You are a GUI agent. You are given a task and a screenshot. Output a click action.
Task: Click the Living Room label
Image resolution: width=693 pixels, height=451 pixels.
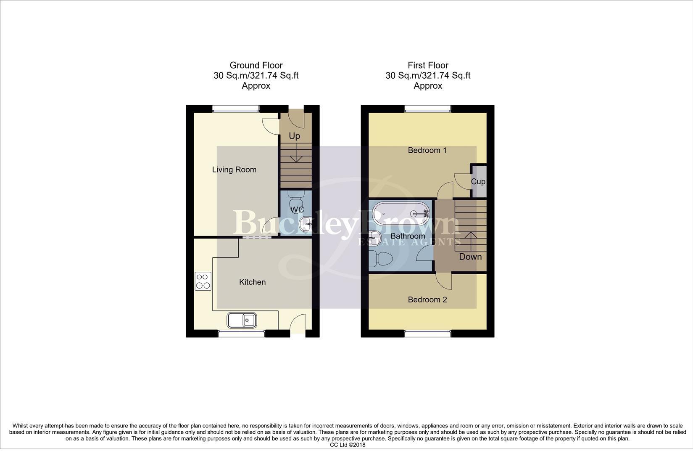[x=234, y=170]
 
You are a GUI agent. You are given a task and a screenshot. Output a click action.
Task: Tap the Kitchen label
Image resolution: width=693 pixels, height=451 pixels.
[x=252, y=282]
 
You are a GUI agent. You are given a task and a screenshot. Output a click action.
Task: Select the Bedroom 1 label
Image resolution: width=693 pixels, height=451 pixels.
[x=427, y=150]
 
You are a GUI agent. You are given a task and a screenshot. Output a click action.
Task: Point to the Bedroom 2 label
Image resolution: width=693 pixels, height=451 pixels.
[x=427, y=300]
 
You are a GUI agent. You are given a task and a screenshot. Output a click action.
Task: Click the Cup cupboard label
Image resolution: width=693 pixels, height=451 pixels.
[x=478, y=182]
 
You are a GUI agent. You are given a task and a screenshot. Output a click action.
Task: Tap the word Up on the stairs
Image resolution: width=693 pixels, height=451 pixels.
[x=295, y=136]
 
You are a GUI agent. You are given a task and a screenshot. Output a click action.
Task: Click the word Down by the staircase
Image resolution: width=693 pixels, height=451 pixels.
[x=470, y=257]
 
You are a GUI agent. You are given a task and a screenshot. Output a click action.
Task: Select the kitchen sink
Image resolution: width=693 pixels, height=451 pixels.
[x=242, y=320]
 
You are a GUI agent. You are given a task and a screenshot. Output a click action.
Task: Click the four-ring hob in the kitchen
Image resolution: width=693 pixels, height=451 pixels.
[x=203, y=281]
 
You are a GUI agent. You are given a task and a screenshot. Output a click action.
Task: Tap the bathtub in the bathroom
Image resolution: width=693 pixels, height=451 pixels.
[x=401, y=213]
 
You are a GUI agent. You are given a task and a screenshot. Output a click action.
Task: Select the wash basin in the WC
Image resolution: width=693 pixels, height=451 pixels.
[x=306, y=224]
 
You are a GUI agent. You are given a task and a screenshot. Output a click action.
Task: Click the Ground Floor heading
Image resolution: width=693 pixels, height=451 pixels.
[x=256, y=65]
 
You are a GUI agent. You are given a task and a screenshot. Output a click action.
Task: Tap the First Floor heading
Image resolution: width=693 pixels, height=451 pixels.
[x=428, y=65]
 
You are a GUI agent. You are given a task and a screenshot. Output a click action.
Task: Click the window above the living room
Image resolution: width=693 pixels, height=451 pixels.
[x=235, y=109]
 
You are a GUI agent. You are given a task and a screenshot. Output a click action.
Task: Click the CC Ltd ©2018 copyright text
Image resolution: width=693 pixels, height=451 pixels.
[x=348, y=445]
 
